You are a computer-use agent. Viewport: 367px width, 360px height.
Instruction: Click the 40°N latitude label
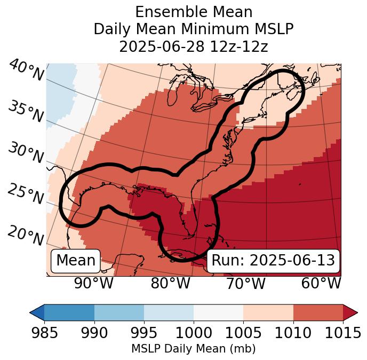coord(26,71)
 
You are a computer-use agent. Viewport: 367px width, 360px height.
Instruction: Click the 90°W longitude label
coord(93,283)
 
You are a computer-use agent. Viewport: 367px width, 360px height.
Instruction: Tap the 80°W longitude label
coord(170,283)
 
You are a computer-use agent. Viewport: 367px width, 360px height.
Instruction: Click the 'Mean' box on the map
coord(76,261)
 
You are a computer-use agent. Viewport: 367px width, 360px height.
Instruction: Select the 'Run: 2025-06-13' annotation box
coord(273,261)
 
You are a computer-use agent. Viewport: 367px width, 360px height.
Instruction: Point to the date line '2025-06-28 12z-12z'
coord(193,46)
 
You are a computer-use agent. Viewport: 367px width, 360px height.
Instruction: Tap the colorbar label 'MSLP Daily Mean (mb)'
coord(193,349)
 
